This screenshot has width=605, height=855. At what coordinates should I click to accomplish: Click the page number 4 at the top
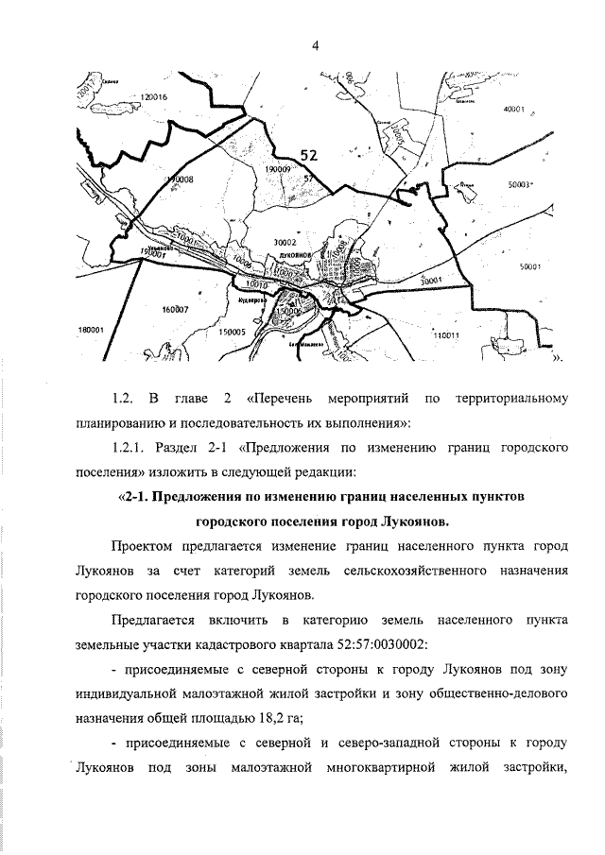[313, 44]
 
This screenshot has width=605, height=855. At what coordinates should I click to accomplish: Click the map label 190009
[278, 168]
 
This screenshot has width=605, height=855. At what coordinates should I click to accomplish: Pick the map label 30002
[285, 243]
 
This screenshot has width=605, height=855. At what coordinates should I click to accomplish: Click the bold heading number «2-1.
[138, 496]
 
